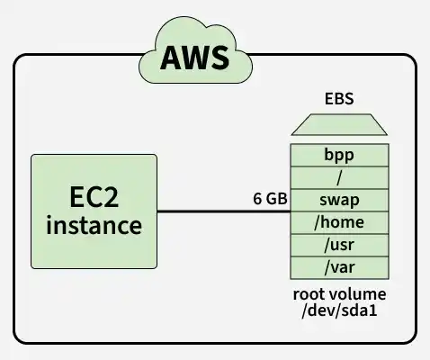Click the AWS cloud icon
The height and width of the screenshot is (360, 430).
coord(195,50)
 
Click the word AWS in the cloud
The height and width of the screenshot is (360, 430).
coord(195,58)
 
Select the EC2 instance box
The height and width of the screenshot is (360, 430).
coord(94,211)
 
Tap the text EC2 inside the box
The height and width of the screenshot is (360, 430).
coord(94,197)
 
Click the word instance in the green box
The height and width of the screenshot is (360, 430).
coord(94,226)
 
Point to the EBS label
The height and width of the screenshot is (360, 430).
coord(339,99)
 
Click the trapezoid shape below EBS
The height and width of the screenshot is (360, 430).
coord(339,124)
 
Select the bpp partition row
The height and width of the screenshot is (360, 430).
coord(339,155)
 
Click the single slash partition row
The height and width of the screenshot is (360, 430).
coord(339,178)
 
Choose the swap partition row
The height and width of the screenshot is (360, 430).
coord(339,201)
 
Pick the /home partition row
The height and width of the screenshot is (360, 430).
coord(339,223)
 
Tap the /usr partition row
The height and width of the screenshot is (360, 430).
coord(339,246)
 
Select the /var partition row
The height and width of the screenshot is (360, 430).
coord(339,268)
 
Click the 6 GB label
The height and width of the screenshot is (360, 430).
coord(270,199)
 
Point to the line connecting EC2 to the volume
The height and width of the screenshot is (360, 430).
coord(224,211)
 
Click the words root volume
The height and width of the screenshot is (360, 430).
coord(339,294)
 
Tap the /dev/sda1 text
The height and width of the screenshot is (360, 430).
coord(339,310)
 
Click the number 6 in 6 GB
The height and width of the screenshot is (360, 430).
coord(257,199)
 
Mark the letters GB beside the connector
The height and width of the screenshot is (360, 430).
coord(277,199)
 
